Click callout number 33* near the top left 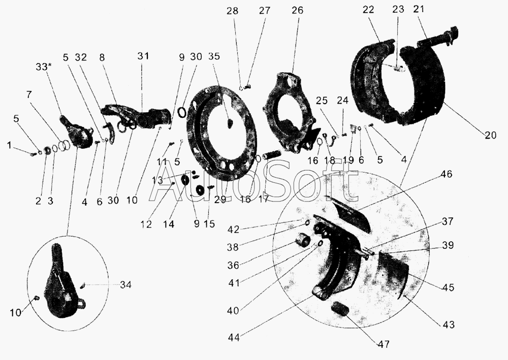(x=44, y=68)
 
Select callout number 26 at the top (x=297, y=10)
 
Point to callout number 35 (x=214, y=56)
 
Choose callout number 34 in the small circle (x=125, y=285)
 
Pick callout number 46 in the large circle (x=447, y=174)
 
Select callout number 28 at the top (x=232, y=11)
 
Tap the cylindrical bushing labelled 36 (x=302, y=240)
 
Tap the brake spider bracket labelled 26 (x=290, y=113)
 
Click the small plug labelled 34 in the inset (x=83, y=285)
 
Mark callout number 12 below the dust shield (x=146, y=223)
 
